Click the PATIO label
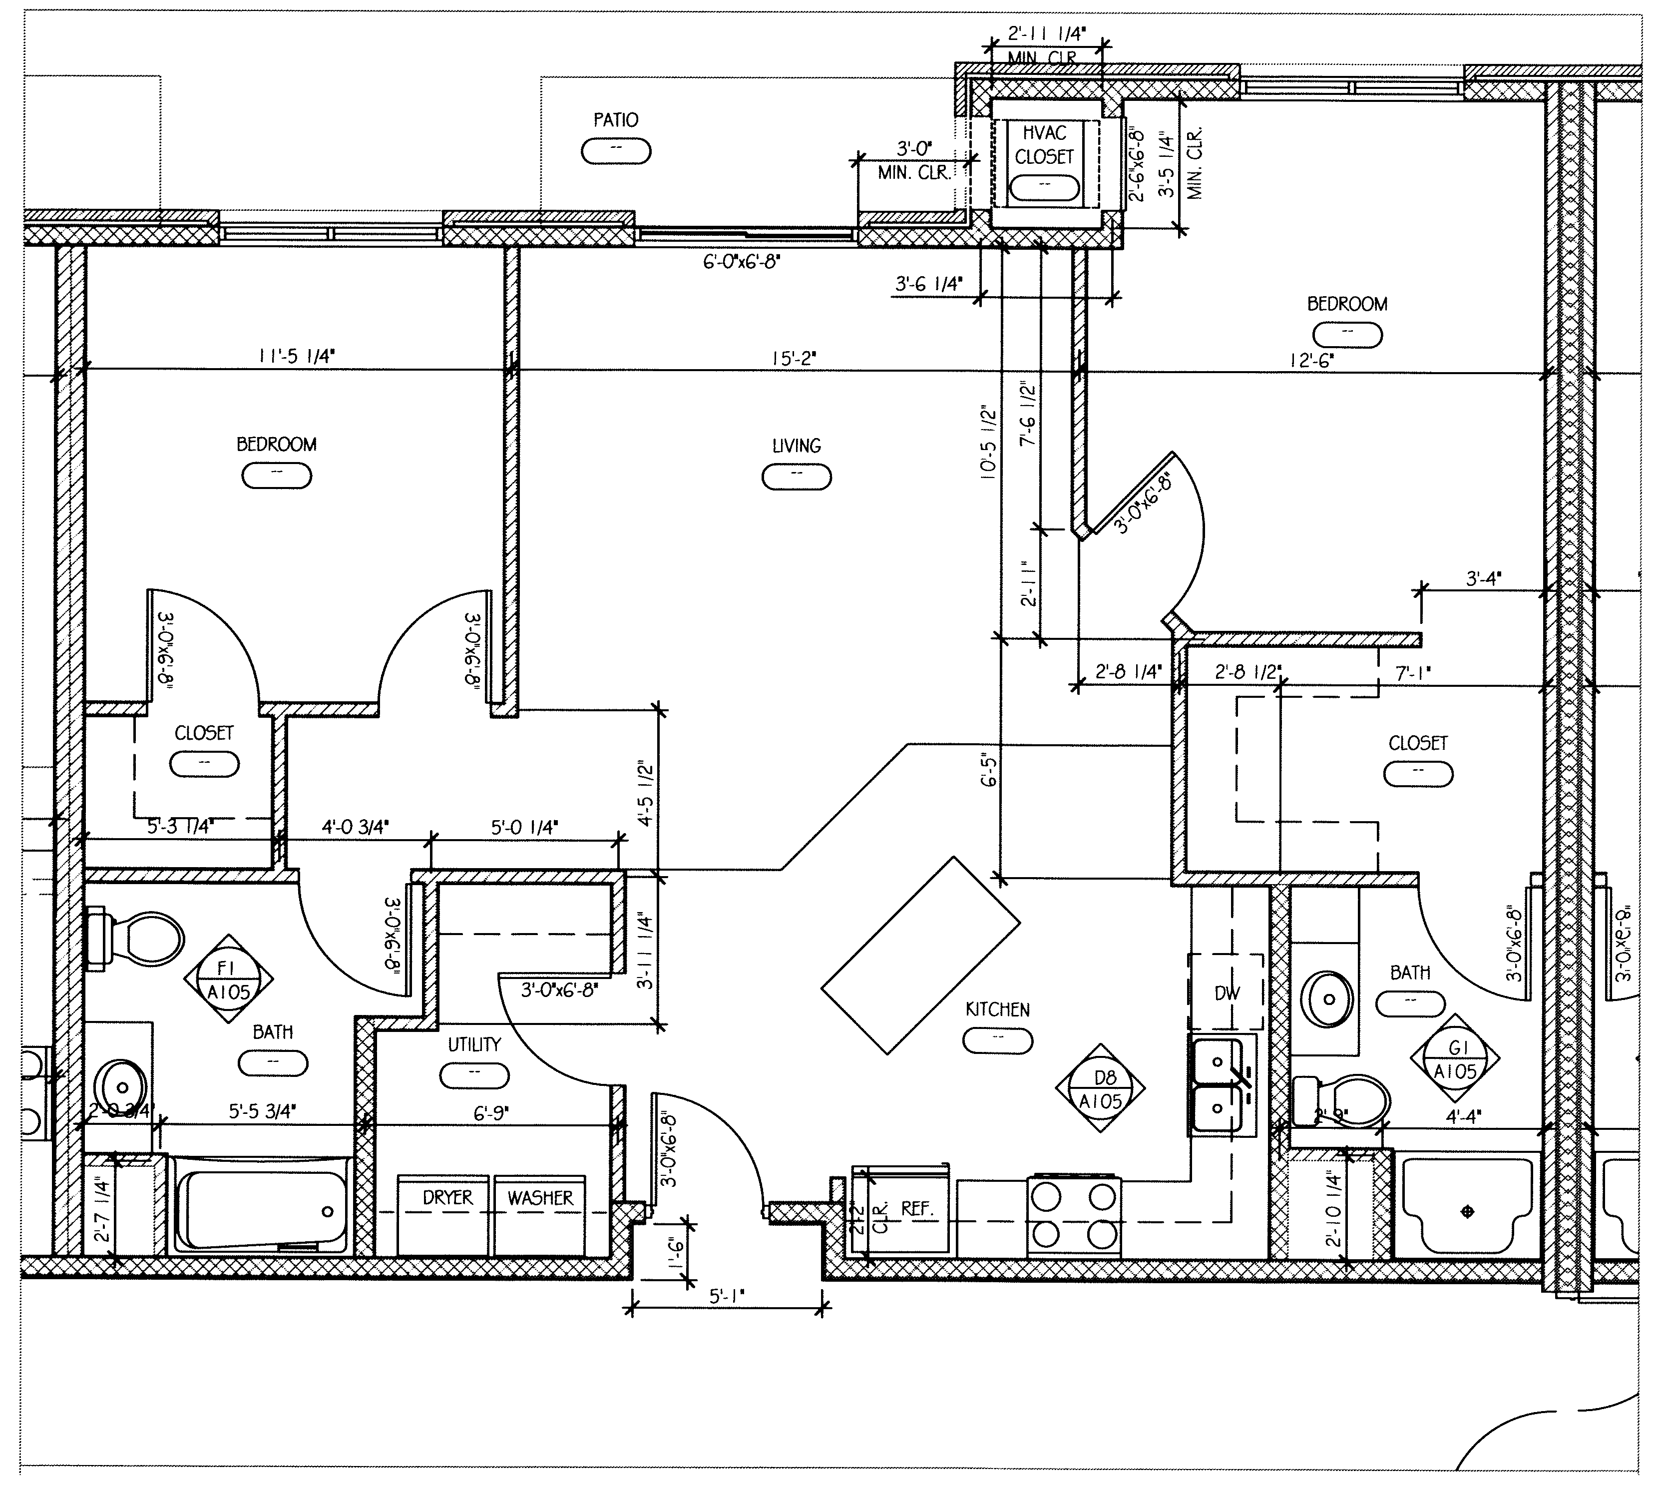coord(615,120)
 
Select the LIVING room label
coord(796,446)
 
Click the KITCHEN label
coord(997,1009)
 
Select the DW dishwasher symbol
coord(1226,993)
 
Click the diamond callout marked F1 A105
coord(228,980)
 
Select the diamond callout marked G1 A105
coord(1455,1060)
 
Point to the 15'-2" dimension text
coord(794,358)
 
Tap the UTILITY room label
coord(473,1045)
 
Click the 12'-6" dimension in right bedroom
coord(1312,360)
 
